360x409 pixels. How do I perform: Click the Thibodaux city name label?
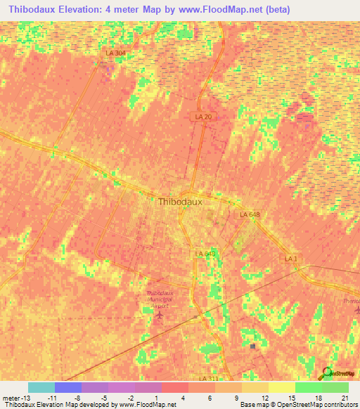click(x=180, y=201)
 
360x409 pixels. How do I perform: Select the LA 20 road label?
click(x=202, y=117)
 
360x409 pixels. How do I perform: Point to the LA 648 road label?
click(x=249, y=214)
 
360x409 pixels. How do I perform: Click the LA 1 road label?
click(x=290, y=259)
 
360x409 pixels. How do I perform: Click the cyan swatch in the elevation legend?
click(x=41, y=387)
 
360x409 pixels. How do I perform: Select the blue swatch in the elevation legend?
click(x=68, y=387)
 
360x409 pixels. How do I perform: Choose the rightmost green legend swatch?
click(x=335, y=387)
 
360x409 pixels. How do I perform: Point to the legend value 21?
click(x=344, y=397)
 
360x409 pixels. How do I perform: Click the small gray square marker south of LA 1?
click(x=253, y=346)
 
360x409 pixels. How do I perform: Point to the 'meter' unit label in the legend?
click(x=11, y=397)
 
